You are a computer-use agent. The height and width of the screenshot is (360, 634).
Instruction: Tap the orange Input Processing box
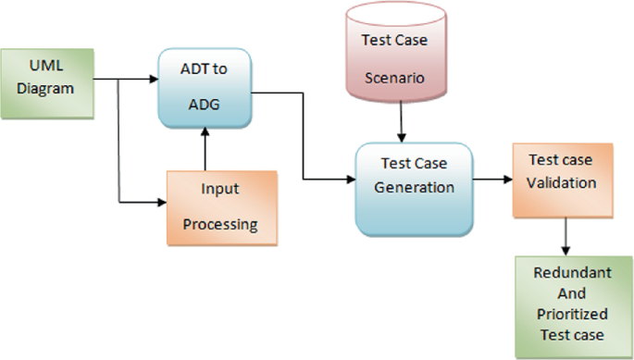coord(222,207)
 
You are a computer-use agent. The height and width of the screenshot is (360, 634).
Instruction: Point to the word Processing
coord(220,224)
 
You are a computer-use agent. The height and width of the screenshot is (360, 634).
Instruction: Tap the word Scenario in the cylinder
coord(401,79)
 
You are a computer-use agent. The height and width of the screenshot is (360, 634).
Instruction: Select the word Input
coord(220,189)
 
